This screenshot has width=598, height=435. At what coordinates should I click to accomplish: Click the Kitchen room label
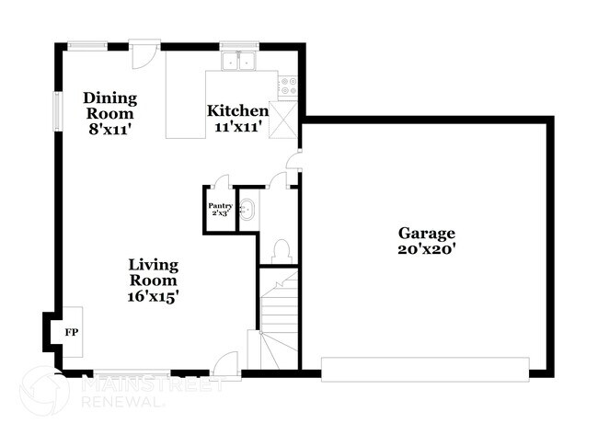coord(236,110)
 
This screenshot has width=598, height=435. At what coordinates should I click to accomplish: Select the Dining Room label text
coord(109,106)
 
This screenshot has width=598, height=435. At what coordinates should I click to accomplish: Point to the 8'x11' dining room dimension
coord(109,131)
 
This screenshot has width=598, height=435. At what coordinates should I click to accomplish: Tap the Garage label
coord(426,234)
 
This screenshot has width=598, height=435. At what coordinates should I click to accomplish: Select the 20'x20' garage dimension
coord(426,250)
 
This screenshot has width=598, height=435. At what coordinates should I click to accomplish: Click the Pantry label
coord(220,207)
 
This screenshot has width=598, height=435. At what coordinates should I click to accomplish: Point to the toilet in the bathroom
coord(282,248)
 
